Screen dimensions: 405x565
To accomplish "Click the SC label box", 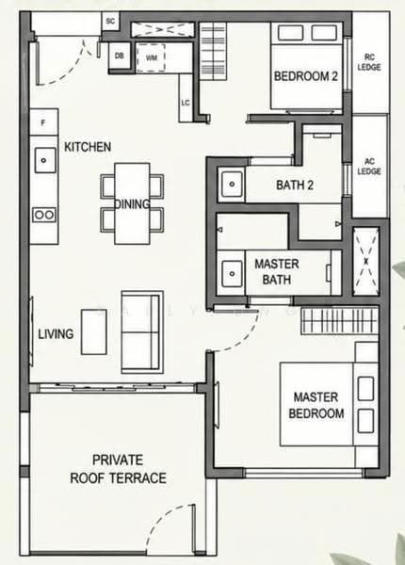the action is (110, 22).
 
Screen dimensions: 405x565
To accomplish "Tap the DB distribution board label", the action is (120, 56).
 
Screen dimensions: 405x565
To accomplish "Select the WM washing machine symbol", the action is (151, 57).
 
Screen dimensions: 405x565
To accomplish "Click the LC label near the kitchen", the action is (186, 103).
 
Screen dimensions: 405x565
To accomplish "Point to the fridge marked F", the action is (44, 122).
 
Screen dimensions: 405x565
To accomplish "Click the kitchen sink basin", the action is (45, 160).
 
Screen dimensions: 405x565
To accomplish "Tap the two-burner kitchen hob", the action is (44, 215).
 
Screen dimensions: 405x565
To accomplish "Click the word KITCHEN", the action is (88, 147).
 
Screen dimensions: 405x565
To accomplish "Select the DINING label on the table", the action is (132, 204).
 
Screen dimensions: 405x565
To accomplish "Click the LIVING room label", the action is (56, 334).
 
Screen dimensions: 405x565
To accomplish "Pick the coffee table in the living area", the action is (93, 331).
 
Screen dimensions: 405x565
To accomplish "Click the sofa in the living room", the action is (141, 331).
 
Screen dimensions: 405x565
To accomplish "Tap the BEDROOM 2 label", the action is (306, 76).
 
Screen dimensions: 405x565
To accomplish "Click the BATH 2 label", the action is (295, 185).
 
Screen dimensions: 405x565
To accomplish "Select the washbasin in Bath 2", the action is (232, 185).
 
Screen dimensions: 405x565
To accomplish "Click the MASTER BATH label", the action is (277, 272).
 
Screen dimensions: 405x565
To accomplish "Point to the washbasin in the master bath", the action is (232, 274).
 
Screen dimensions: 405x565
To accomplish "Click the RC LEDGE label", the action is (369, 62).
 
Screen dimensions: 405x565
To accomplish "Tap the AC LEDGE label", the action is (369, 166).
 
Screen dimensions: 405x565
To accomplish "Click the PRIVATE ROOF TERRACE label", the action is (118, 469).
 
